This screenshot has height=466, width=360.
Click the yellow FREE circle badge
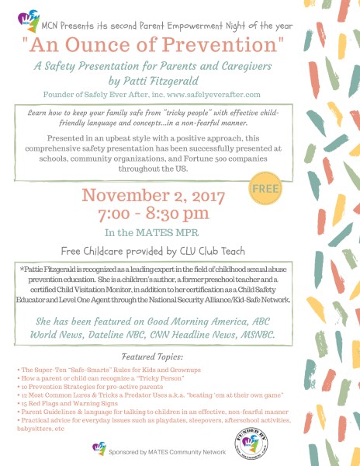[x=266, y=188]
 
